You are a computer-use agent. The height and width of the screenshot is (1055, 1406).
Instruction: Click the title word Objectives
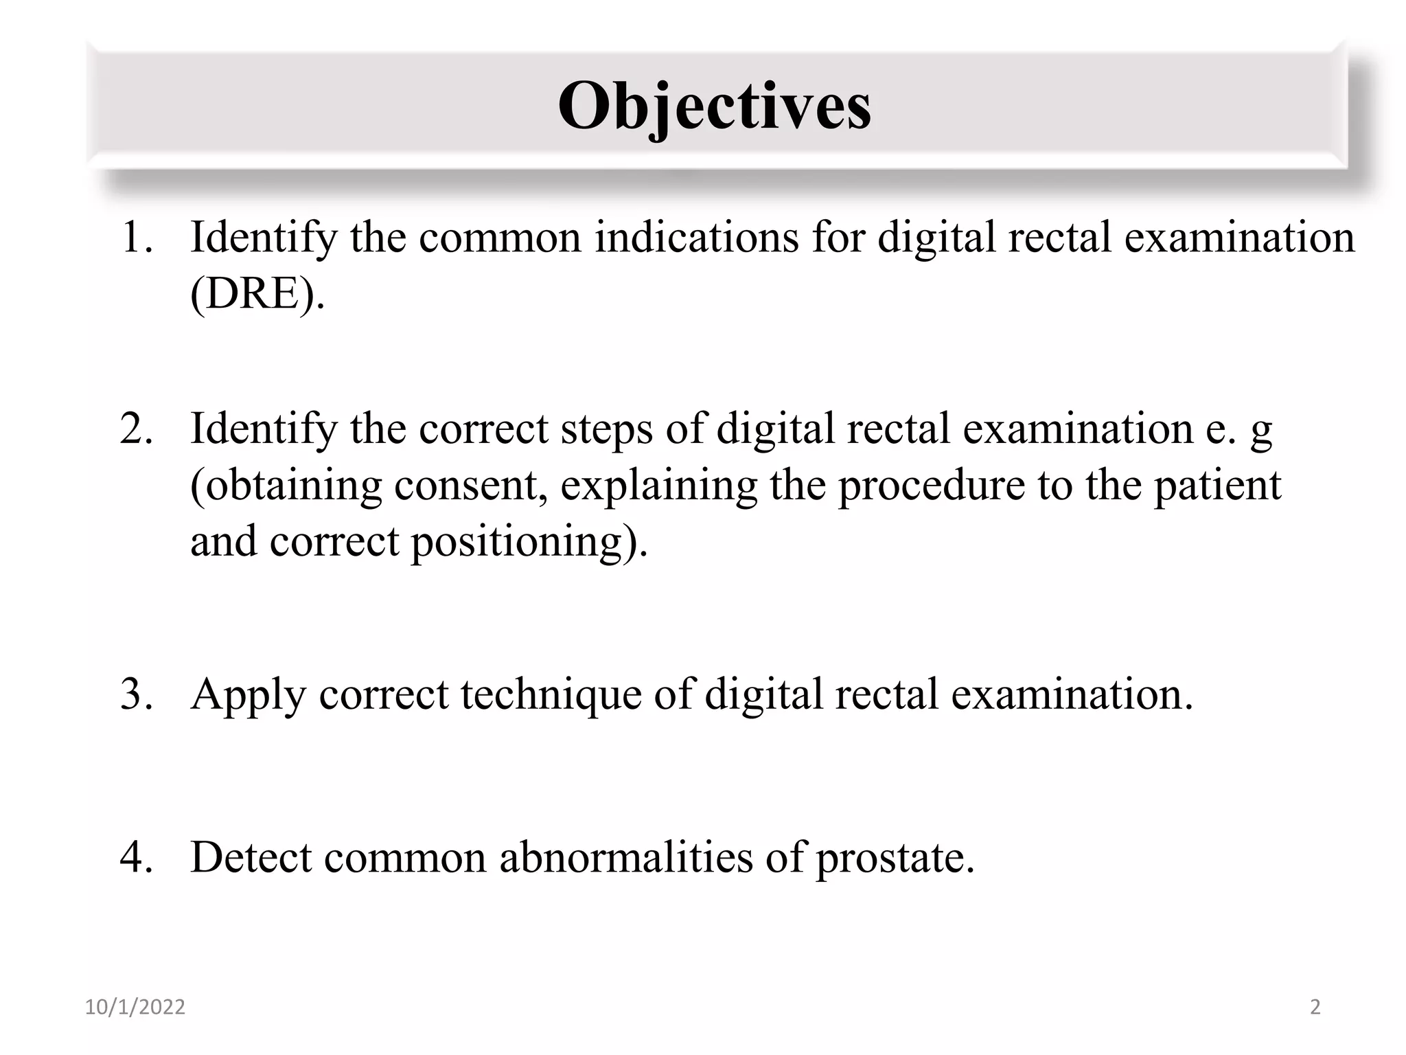point(714,106)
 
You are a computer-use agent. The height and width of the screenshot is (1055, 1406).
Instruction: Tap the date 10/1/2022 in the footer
point(135,1007)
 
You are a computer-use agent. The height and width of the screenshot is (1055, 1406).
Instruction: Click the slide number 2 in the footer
point(1315,1007)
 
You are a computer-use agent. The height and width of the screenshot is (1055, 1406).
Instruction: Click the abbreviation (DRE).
point(257,294)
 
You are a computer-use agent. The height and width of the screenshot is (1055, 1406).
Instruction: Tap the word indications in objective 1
point(697,238)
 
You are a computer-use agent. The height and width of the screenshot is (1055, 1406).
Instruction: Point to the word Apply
point(248,695)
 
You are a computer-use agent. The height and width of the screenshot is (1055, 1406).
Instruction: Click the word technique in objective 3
point(551,695)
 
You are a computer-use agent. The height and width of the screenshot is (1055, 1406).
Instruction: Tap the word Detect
point(251,857)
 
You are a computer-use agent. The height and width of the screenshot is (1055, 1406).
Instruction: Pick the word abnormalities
point(625,857)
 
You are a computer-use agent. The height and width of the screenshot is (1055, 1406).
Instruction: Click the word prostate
point(894,859)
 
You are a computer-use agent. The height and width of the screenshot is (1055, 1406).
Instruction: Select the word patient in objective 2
point(1217,486)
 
